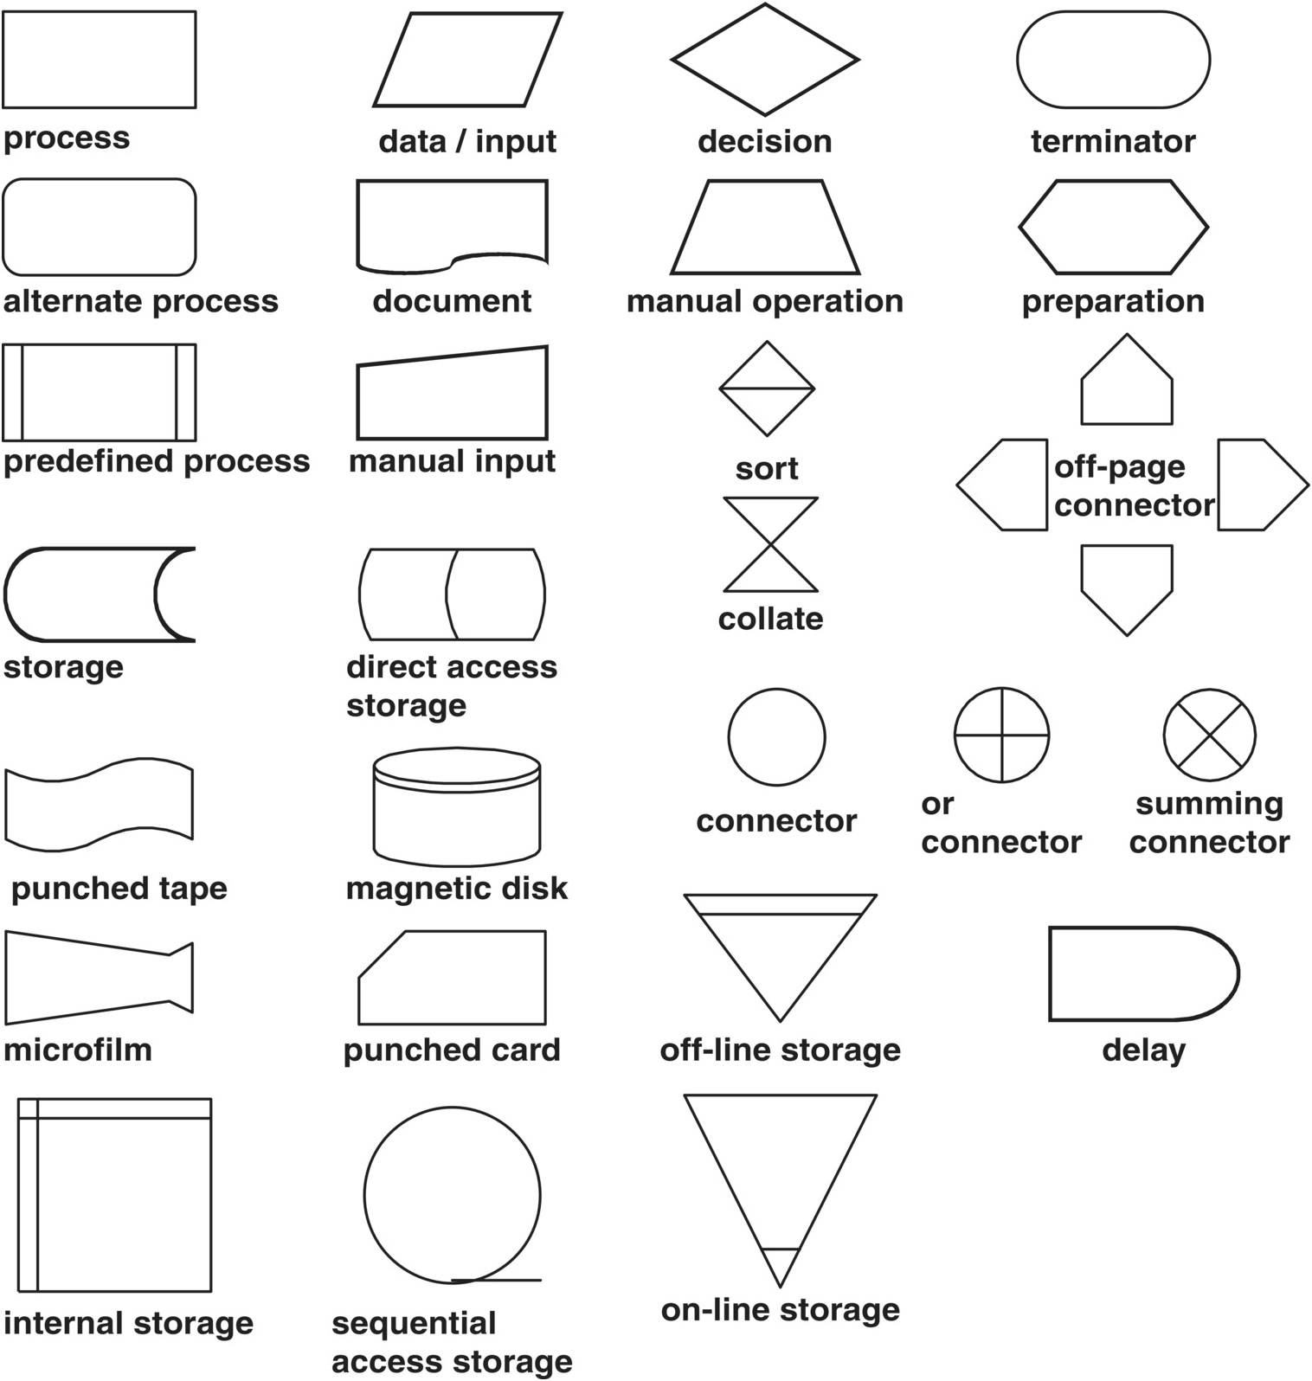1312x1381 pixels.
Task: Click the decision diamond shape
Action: [x=765, y=60]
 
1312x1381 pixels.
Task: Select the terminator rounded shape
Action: [x=1113, y=60]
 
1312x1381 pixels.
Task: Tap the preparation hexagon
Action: [x=1113, y=227]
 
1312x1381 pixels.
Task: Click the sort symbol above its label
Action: [x=767, y=389]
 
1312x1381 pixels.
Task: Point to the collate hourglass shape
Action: [x=770, y=544]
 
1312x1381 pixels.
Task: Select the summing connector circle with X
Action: [x=1209, y=735]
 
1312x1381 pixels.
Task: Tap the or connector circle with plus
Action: [x=1001, y=735]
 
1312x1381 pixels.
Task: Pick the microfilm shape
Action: [x=98, y=978]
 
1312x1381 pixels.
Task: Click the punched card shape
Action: [x=453, y=978]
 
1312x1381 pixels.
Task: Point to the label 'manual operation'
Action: [x=765, y=301]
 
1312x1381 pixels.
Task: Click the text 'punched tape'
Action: [x=119, y=888]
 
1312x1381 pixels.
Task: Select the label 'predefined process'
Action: [x=157, y=461]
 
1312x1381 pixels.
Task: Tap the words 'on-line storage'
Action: [x=781, y=1309]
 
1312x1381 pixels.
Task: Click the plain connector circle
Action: [x=776, y=737]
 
